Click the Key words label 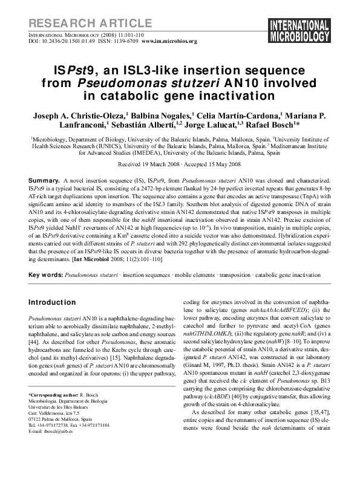(x=45, y=274)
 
